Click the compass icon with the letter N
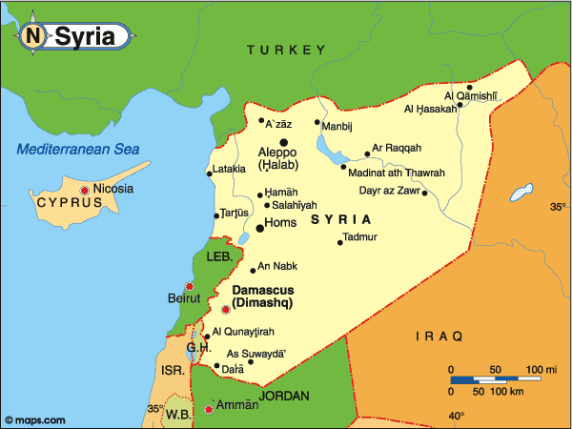33,36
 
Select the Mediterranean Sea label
78,149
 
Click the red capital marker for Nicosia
85,191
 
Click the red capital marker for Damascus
226,309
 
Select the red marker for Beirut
190,286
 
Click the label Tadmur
359,235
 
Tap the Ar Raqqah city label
397,148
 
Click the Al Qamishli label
471,95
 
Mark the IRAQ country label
439,336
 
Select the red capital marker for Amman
209,409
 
